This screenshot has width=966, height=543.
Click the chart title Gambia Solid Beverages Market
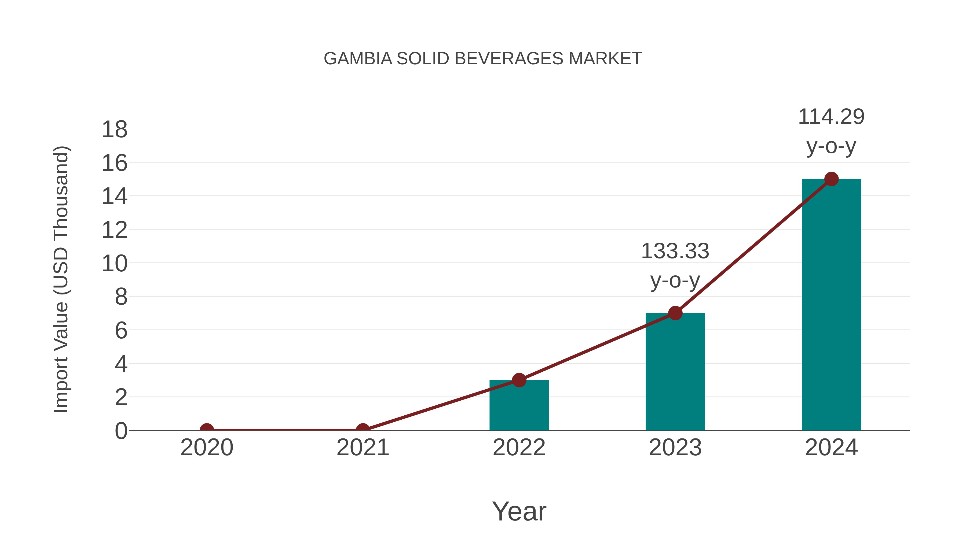(x=483, y=59)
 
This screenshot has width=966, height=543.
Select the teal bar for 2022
(x=519, y=407)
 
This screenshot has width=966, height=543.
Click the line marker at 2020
(x=207, y=430)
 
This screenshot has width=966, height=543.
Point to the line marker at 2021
(x=363, y=430)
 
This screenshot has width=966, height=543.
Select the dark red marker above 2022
(x=519, y=380)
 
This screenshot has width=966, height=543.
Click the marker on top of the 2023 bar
(x=675, y=313)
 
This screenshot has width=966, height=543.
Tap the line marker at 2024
(x=831, y=179)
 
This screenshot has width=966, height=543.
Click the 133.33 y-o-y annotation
(x=675, y=265)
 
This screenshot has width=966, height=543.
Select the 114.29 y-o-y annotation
(x=831, y=131)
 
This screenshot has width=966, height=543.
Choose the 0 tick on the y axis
(x=121, y=431)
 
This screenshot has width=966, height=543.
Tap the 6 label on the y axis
(x=121, y=331)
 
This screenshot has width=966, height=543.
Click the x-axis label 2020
(x=207, y=448)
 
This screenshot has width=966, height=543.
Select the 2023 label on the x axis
(x=675, y=448)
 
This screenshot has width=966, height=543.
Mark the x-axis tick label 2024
(x=831, y=448)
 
